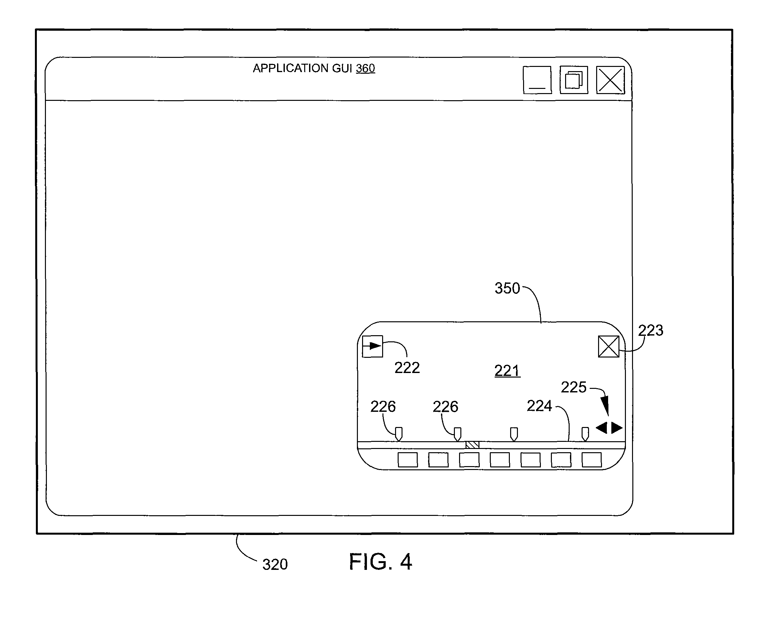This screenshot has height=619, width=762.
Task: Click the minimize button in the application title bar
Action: coord(537,80)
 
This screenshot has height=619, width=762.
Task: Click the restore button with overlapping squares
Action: coord(574,80)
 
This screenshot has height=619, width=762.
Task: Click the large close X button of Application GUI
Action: coord(610,80)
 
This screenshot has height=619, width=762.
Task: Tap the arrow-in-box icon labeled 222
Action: coord(372,346)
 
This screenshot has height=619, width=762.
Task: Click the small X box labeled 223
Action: coord(609,347)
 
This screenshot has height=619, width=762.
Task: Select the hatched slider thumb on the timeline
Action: coord(472,445)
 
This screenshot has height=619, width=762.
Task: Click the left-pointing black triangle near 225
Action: coord(602,428)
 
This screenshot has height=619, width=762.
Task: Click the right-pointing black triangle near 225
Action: coord(617,428)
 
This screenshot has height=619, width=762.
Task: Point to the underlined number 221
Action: coord(507,371)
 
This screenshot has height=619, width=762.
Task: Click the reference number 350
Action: coord(507,288)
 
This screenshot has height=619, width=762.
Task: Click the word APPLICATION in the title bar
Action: coord(291,68)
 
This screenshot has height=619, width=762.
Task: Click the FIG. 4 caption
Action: coord(381,561)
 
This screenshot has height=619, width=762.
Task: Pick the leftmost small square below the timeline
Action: coord(408,460)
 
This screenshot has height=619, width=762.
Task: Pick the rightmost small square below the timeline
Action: coord(592,460)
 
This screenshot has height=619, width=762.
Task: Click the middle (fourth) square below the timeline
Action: coord(500,460)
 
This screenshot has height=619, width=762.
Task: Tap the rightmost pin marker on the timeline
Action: coord(585,434)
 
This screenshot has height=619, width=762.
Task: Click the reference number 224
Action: coord(539,406)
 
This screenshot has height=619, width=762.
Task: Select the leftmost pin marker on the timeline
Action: coord(399,434)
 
